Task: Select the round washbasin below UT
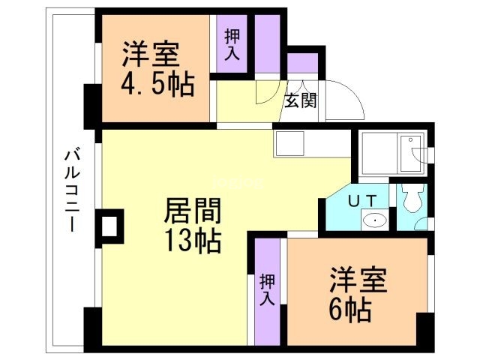click(373, 220)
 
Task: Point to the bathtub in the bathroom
click(389, 152)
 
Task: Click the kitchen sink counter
click(289, 142)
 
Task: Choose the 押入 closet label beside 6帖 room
click(267, 289)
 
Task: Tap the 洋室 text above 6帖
click(358, 280)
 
